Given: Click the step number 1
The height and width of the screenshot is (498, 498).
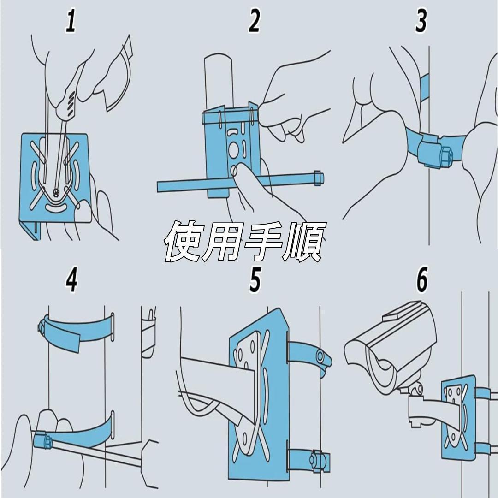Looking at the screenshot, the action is point(71,21).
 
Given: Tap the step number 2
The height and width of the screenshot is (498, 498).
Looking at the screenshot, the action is point(254,21).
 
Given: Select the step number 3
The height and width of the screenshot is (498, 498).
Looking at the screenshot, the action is point(421,21).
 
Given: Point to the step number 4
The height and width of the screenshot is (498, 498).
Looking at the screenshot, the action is point(71,279).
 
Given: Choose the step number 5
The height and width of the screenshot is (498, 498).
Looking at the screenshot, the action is point(255,279).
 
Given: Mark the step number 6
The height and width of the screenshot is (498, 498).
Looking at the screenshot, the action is point(422,279).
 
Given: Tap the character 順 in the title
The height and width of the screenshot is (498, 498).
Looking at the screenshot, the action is point(305,241).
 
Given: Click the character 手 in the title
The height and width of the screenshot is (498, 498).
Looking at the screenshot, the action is point(264,241).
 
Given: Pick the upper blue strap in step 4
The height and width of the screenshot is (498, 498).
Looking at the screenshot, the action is point(76,330).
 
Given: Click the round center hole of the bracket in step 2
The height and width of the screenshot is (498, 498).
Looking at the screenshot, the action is point(234,148).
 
